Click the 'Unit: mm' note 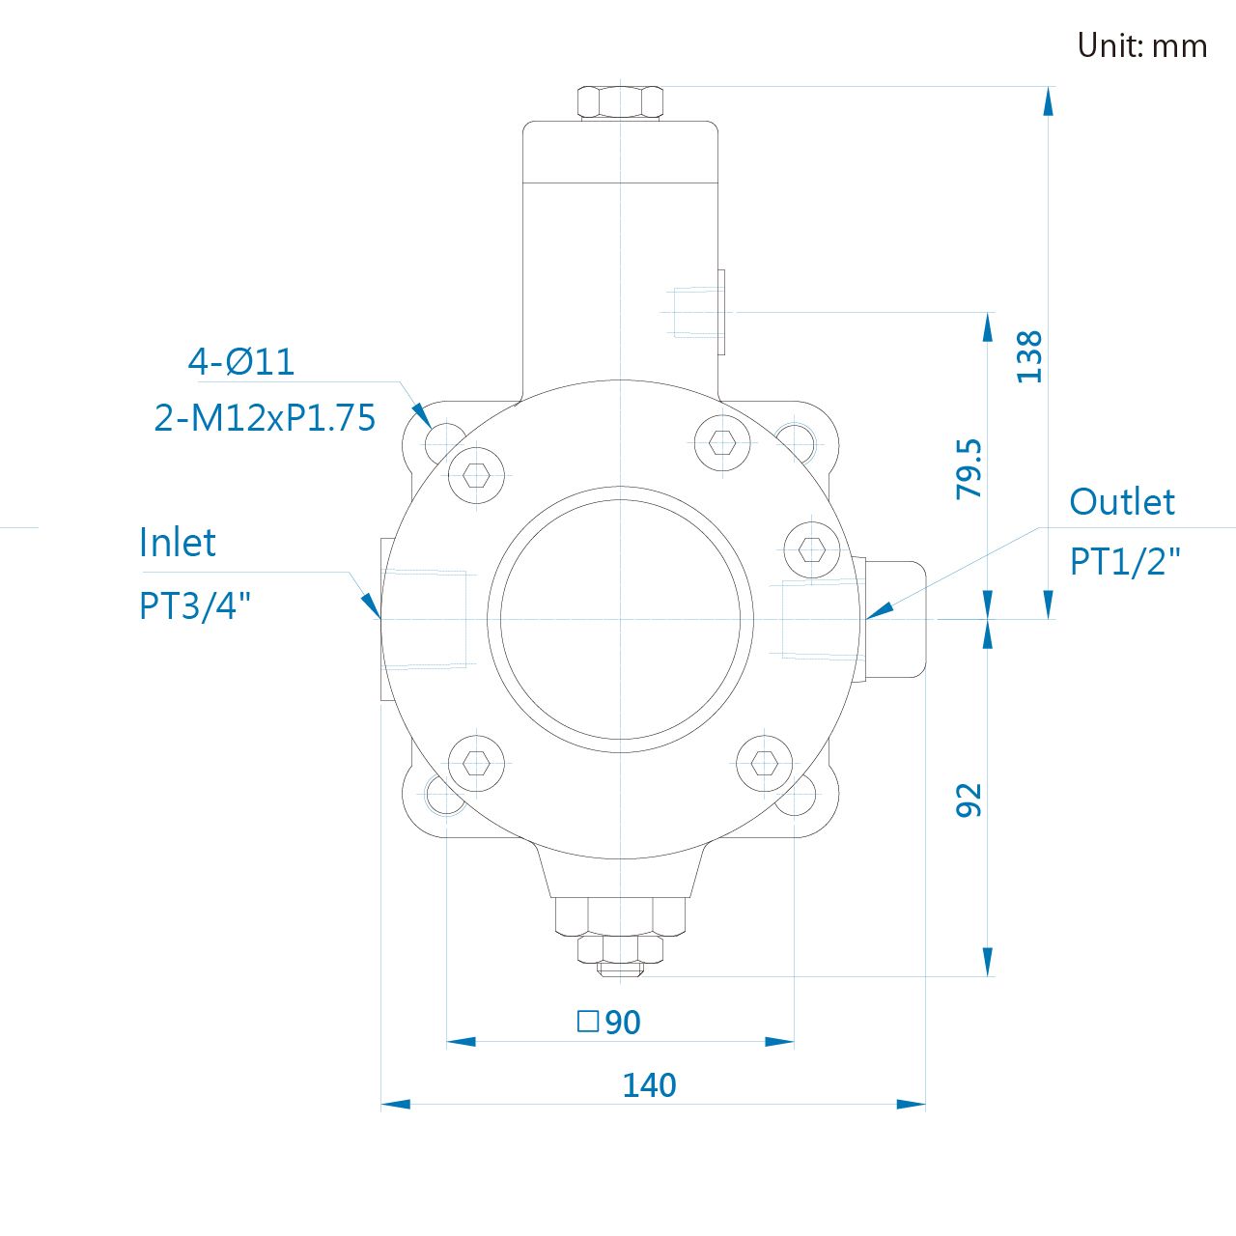click(x=1141, y=45)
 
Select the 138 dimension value click(x=1029, y=357)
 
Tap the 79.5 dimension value click(x=969, y=469)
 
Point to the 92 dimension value click(x=969, y=800)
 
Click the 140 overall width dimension click(x=649, y=1084)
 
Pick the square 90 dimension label click(x=608, y=1022)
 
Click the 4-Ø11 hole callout click(x=241, y=362)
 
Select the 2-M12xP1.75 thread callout click(x=265, y=417)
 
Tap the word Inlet click(x=177, y=542)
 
